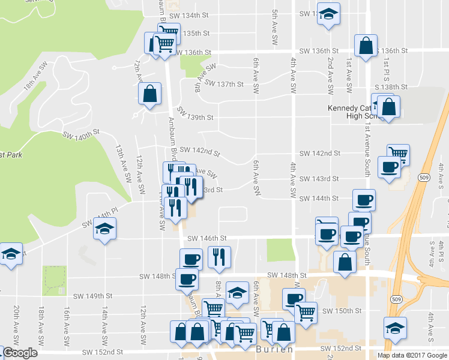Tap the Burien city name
(274, 349)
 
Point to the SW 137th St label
(224, 84)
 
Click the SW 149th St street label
(93, 296)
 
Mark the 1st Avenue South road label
(366, 144)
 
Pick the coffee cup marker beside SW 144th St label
(364, 200)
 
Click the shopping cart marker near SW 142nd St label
(398, 154)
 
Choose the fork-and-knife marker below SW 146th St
(219, 256)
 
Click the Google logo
(19, 353)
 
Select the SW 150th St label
(342, 311)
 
